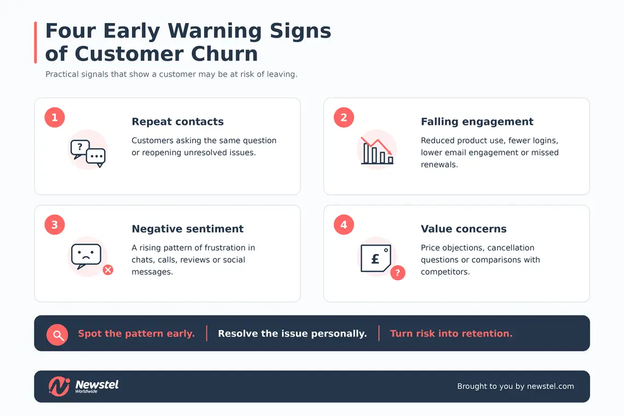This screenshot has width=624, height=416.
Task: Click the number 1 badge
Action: tap(55, 118)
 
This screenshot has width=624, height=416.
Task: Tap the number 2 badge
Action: tap(344, 118)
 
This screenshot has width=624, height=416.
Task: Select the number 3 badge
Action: tap(55, 224)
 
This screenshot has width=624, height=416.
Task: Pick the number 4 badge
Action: tap(344, 224)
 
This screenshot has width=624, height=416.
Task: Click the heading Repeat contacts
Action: tap(177, 122)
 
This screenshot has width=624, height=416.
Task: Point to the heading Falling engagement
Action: tap(477, 122)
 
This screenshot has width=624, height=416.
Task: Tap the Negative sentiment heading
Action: tap(187, 229)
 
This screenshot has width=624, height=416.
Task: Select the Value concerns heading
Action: tap(464, 229)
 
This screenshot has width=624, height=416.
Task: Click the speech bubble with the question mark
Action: tap(79, 149)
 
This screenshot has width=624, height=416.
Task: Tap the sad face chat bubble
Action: tap(86, 256)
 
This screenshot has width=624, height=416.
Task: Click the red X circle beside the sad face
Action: tap(108, 270)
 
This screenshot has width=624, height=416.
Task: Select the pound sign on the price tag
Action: tap(375, 259)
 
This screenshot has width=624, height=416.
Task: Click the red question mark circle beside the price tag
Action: tap(397, 273)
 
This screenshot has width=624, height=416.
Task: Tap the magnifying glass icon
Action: tap(57, 335)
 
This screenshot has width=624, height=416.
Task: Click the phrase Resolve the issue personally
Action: tap(292, 333)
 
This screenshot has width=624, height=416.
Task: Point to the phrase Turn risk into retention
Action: tap(451, 333)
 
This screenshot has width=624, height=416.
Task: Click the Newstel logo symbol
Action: tap(59, 386)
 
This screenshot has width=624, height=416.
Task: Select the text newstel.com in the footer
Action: tap(550, 386)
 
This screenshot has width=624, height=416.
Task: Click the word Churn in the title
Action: tap(224, 54)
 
